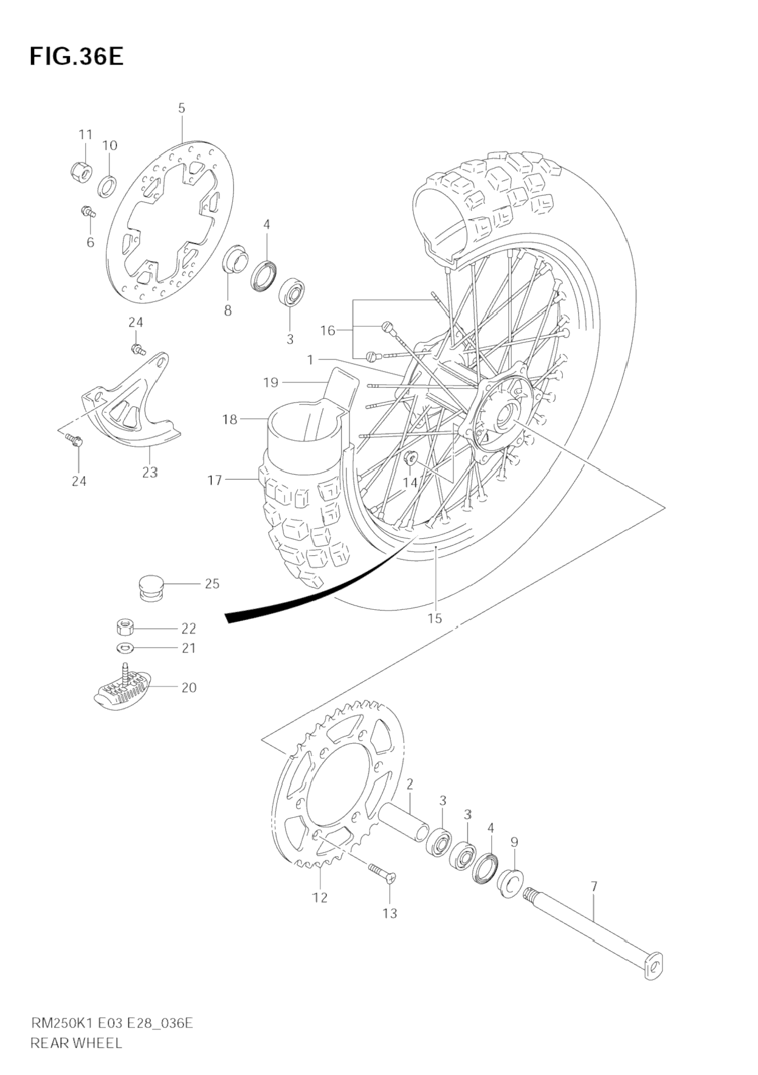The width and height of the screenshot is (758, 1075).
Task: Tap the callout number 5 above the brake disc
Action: (182, 108)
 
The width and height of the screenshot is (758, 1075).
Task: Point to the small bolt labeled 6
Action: (88, 212)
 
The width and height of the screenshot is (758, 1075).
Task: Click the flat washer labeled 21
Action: (126, 646)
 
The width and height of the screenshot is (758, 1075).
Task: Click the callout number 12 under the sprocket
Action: (320, 897)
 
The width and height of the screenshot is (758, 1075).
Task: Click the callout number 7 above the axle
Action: (594, 887)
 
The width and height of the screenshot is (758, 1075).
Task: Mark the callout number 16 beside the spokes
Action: (328, 331)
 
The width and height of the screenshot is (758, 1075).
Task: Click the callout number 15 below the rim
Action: (434, 618)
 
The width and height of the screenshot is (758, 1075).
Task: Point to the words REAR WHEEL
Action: (76, 1043)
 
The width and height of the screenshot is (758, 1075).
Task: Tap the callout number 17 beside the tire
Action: (215, 480)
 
